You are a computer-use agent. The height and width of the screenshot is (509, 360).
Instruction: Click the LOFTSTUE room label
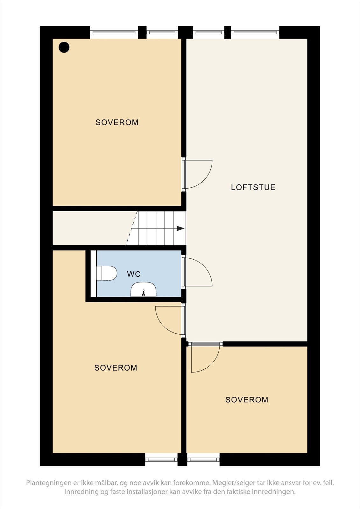click(x=253, y=187)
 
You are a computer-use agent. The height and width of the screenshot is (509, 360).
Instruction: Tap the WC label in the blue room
click(x=134, y=274)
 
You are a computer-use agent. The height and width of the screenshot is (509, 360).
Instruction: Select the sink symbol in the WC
click(x=144, y=289)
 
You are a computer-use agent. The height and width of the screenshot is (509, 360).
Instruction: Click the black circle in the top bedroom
click(x=64, y=47)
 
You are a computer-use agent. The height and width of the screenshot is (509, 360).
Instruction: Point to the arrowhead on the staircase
click(x=180, y=228)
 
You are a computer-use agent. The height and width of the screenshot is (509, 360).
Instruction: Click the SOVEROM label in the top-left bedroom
click(x=117, y=122)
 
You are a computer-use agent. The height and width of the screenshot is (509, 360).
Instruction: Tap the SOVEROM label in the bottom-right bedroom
click(x=247, y=400)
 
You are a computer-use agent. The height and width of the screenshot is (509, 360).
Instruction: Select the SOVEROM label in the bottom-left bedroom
click(x=116, y=368)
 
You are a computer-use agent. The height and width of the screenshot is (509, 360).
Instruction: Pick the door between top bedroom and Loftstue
click(x=198, y=174)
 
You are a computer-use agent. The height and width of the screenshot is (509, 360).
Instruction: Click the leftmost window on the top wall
click(x=114, y=32)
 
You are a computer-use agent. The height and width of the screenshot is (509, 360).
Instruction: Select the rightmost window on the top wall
click(x=255, y=32)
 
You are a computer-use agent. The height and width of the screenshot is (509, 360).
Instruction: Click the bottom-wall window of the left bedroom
click(x=161, y=459)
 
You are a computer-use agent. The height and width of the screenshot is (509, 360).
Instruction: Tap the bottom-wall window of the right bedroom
click(x=203, y=459)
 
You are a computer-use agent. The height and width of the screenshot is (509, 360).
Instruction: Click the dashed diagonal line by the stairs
click(x=132, y=228)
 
